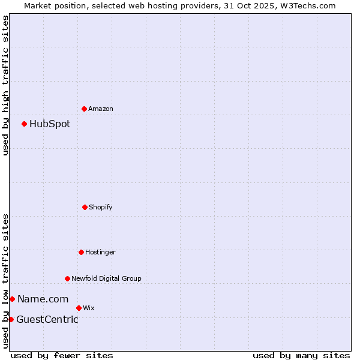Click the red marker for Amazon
[84, 109]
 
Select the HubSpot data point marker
[24, 124]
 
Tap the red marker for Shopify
[85, 207]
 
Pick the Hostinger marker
[81, 252]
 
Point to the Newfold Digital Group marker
[67, 278]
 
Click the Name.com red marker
[12, 299]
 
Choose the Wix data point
[79, 308]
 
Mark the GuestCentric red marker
[11, 319]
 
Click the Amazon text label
[101, 109]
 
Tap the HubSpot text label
[50, 124]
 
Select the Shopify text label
[101, 207]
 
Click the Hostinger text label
[100, 252]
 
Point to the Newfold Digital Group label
[106, 278]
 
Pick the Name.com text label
[43, 299]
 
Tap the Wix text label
[89, 308]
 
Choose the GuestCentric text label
[47, 319]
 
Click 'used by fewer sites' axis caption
[62, 355]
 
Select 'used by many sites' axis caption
[301, 355]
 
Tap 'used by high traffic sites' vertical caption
[5, 85]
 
